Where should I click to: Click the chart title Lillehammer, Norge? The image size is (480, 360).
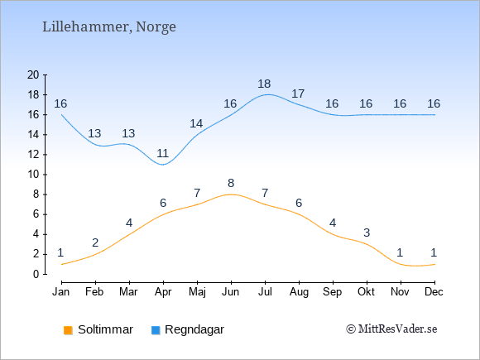click(109, 27)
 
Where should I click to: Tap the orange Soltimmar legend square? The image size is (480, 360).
click(68, 330)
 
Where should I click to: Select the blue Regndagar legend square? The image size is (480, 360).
click(156, 330)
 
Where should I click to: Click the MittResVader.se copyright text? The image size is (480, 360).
click(391, 329)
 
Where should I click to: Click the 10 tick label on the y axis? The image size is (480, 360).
click(33, 175)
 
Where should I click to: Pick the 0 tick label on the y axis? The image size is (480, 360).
click(36, 274)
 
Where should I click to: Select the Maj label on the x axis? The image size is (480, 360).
click(197, 292)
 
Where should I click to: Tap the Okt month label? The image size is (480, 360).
click(366, 292)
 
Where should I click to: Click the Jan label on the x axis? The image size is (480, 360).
click(61, 292)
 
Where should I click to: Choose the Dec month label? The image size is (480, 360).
click(434, 292)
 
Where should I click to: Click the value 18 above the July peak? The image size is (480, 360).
click(264, 84)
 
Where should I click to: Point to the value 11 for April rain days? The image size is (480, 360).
click(162, 153)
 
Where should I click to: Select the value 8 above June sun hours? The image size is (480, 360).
click(231, 184)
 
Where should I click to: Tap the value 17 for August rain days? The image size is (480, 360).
click(298, 94)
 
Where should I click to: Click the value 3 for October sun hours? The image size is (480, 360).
click(367, 233)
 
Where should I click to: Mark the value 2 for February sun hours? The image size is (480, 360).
click(95, 242)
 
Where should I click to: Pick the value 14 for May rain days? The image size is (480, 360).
click(196, 123)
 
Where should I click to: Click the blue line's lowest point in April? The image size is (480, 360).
click(162, 165)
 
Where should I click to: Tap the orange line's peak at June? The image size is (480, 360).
click(231, 194)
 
